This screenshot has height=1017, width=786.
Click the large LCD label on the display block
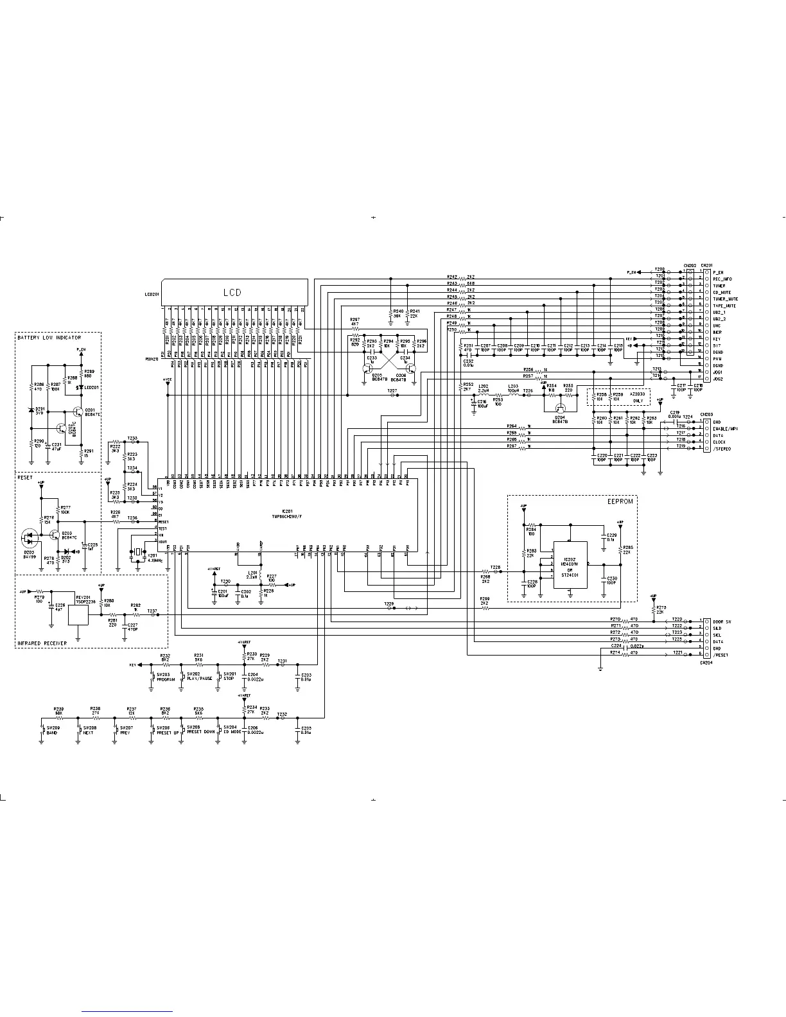pyautogui.click(x=232, y=292)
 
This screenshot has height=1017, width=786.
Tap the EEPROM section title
pyautogui.click(x=620, y=502)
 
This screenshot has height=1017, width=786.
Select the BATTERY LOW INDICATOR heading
pyautogui.click(x=49, y=338)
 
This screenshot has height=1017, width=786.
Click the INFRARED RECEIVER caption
pyautogui.click(x=42, y=643)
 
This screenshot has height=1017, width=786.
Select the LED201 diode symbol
pyautogui.click(x=80, y=388)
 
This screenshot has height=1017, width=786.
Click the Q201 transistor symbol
pyautogui.click(x=78, y=412)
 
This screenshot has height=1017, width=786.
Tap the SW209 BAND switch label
pyautogui.click(x=51, y=733)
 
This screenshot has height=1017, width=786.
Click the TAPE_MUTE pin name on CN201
pyautogui.click(x=725, y=306)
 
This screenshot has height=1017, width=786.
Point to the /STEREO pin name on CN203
pyautogui.click(x=722, y=449)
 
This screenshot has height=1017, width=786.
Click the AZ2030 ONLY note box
pyautogui.click(x=619, y=397)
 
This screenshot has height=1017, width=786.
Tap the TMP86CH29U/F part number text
pyautogui.click(x=286, y=516)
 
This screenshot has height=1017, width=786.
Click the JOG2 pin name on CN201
pyautogui.click(x=718, y=379)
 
